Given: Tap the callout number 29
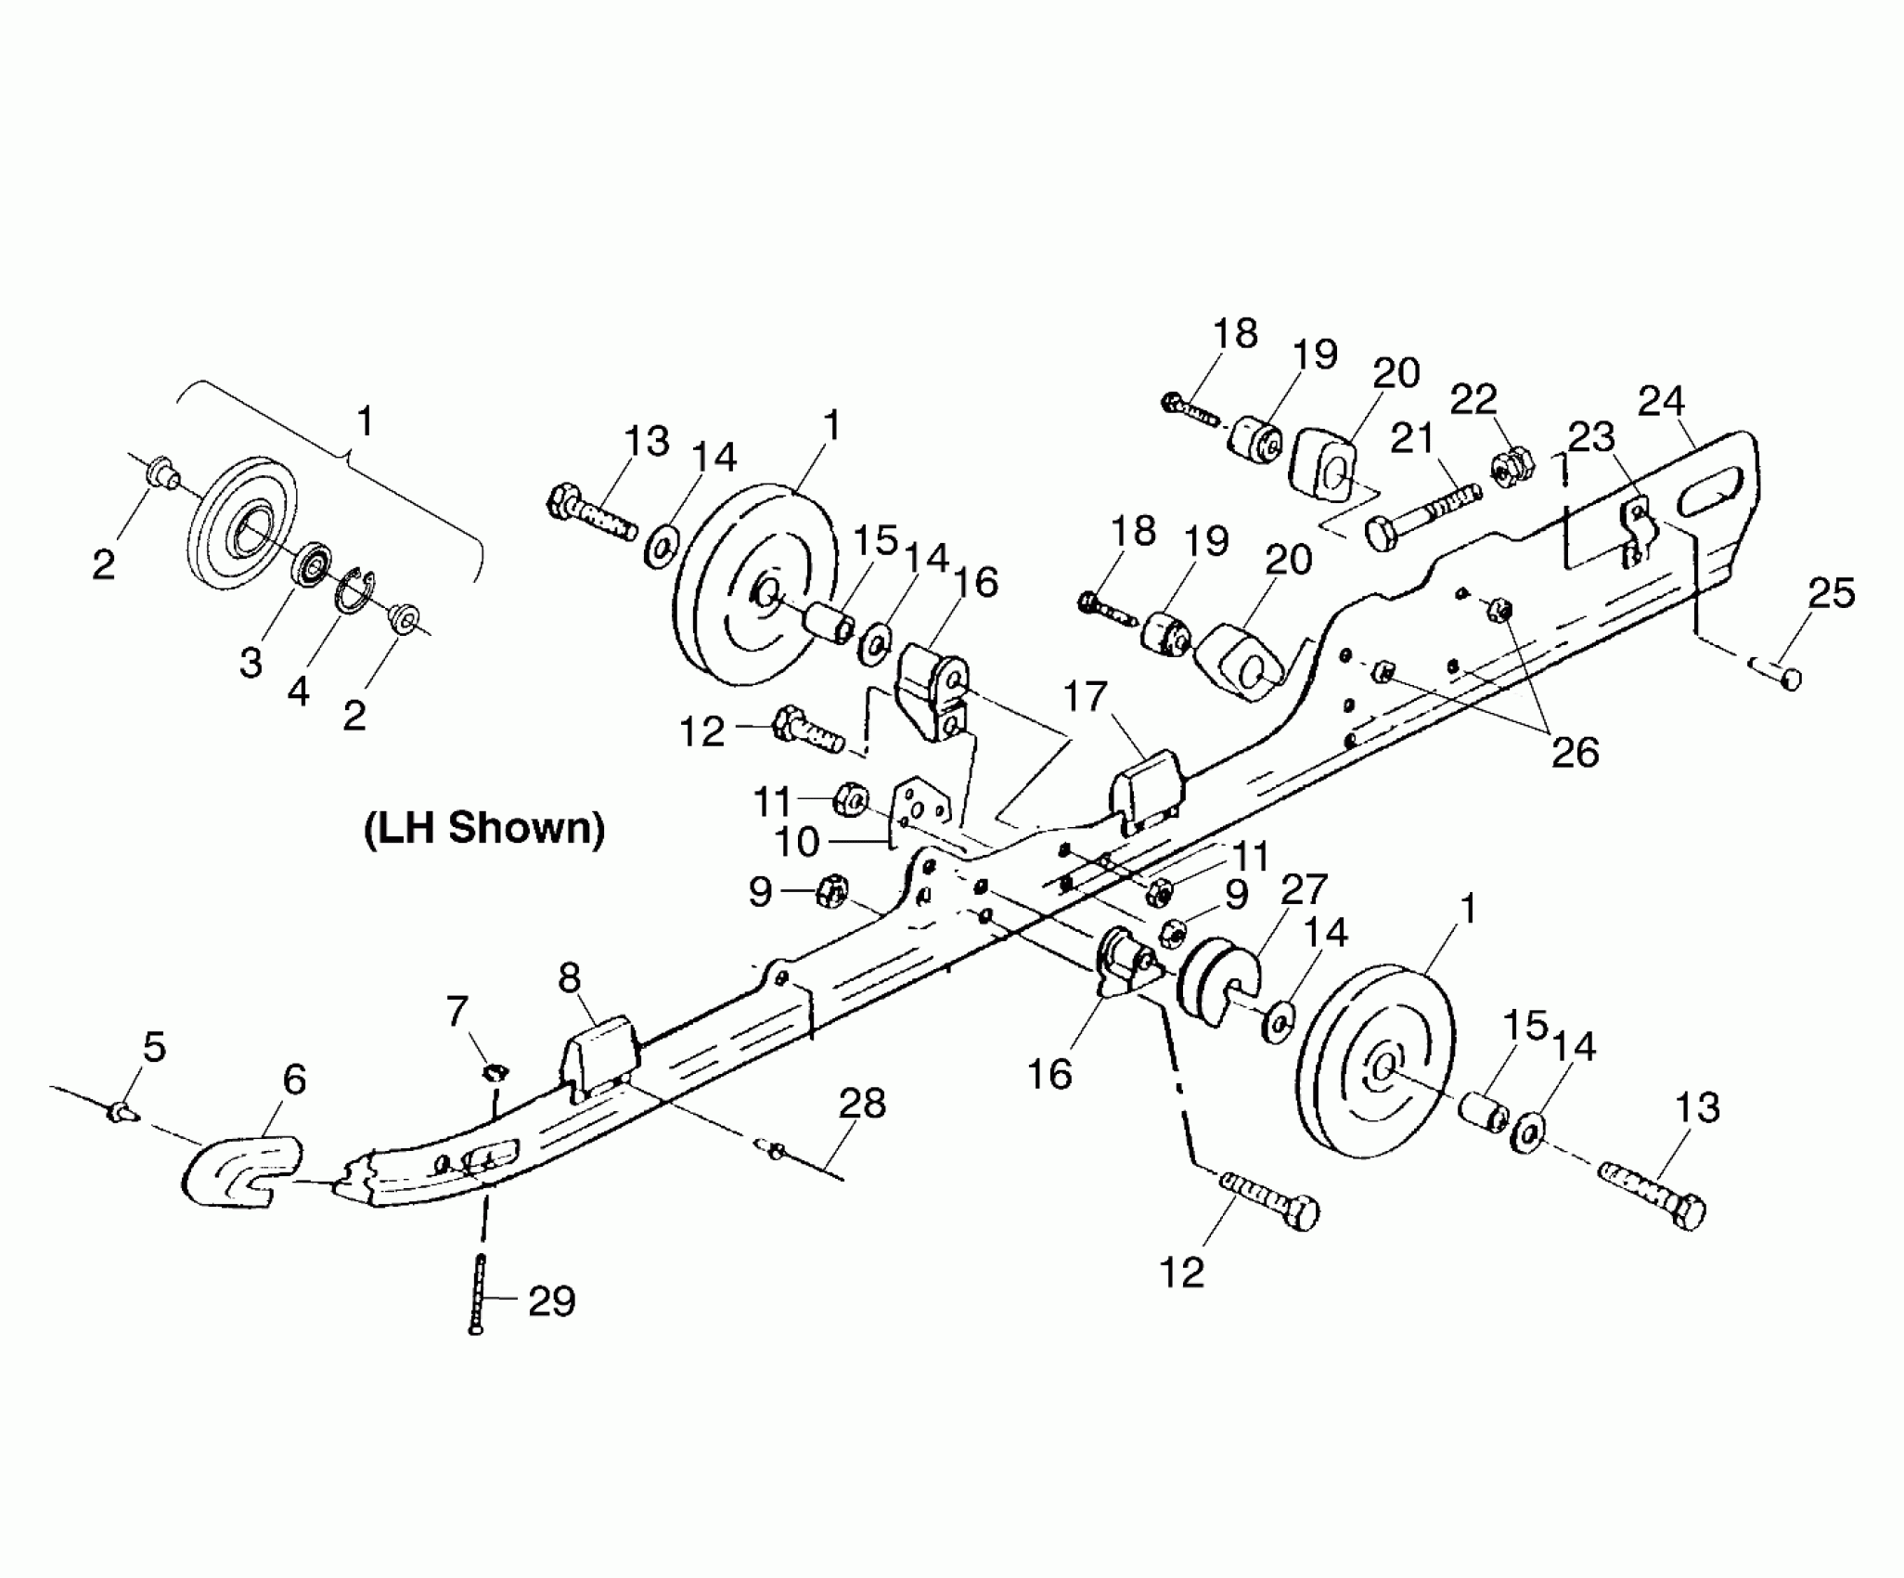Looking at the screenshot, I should pyautogui.click(x=551, y=1301).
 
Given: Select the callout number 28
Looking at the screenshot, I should pyautogui.click(x=862, y=1104).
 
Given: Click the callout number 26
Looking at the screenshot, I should pyautogui.click(x=1576, y=752).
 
